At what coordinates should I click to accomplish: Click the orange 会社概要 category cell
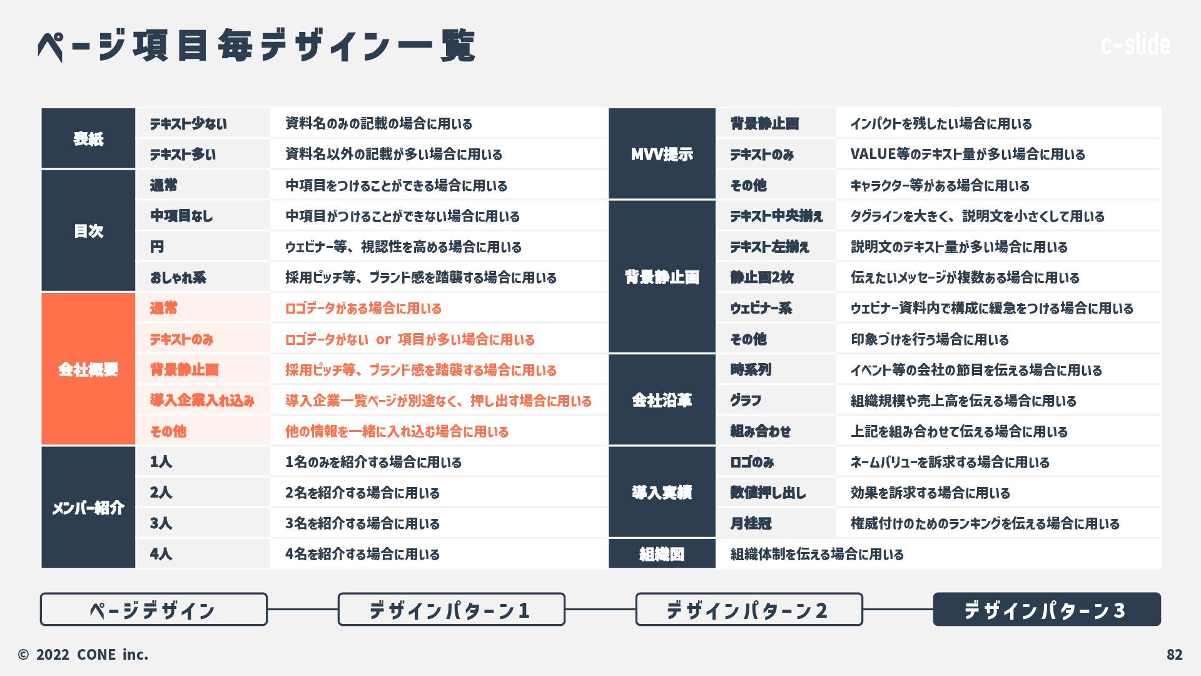(88, 369)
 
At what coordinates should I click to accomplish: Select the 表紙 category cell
(88, 138)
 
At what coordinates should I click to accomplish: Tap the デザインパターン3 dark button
(1046, 609)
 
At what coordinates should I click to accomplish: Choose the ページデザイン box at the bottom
(153, 609)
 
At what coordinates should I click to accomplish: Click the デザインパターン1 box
(451, 609)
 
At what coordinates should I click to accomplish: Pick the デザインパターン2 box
(749, 609)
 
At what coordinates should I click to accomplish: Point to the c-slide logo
(1135, 44)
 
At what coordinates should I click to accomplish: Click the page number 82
(1174, 655)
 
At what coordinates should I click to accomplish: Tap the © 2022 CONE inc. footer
(83, 655)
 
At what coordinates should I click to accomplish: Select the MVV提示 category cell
(662, 154)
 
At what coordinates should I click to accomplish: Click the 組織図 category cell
(662, 554)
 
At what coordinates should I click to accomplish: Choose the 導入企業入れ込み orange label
(202, 401)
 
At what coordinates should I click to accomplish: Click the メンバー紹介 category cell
(88, 508)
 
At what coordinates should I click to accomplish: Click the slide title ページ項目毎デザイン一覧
(256, 45)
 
